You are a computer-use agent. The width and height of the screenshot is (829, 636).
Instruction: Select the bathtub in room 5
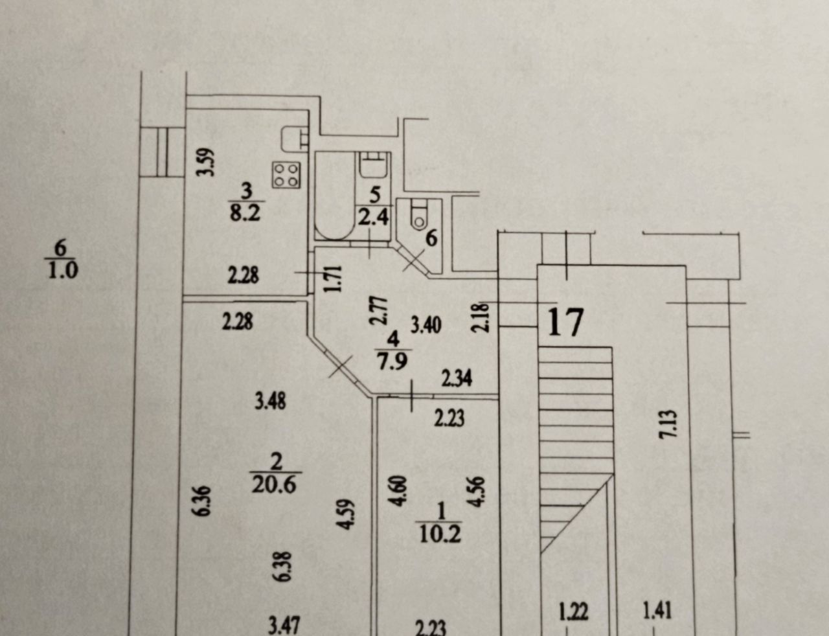[x=334, y=197]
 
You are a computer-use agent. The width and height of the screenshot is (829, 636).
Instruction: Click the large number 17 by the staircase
[x=566, y=322]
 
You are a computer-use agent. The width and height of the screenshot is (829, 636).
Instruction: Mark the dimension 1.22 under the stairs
[x=573, y=612]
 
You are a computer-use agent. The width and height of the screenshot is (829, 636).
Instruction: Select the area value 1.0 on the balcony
[x=63, y=269]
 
